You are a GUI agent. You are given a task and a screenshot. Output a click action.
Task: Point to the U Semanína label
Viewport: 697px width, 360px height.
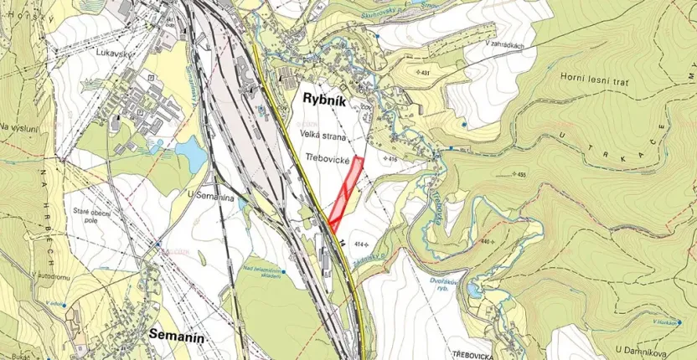pos(208,194)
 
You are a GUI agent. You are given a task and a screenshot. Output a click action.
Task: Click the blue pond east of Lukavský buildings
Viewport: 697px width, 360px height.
pos(188,153)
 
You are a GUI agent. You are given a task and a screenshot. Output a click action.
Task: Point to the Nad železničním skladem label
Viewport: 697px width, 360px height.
pos(262,273)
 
